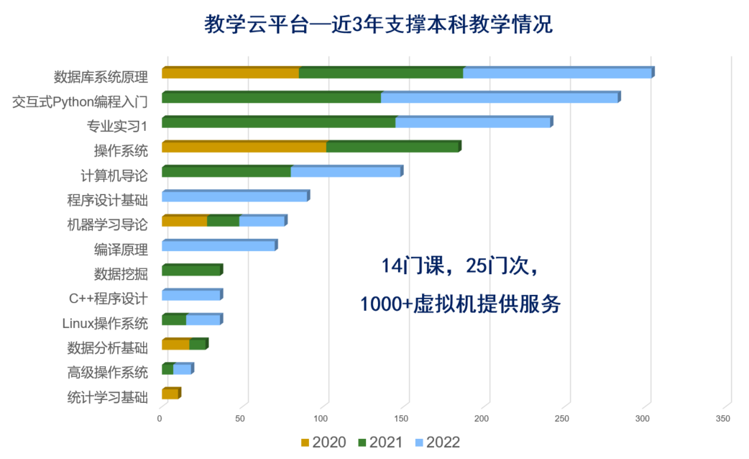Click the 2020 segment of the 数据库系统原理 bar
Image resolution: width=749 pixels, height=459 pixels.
(x=230, y=73)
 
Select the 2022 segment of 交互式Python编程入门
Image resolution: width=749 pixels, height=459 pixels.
(x=500, y=98)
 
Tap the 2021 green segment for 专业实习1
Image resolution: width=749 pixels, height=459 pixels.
(x=278, y=122)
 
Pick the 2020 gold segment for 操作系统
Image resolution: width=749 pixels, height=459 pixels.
(x=244, y=147)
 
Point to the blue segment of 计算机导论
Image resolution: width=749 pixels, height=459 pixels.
(x=345, y=171)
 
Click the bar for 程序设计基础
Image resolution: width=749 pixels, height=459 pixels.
(x=234, y=196)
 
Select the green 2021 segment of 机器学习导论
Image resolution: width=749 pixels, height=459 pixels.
(x=223, y=221)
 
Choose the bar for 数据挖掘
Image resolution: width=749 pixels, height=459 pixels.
(x=191, y=270)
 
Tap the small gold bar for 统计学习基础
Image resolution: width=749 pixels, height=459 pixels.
(x=170, y=394)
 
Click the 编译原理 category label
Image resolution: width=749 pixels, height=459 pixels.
(x=121, y=250)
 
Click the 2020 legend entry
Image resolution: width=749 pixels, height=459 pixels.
(x=323, y=442)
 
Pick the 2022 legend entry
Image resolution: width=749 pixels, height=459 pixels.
(x=437, y=442)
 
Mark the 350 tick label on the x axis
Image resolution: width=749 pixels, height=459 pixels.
(x=723, y=419)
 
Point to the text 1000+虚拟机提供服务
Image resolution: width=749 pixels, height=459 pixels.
(x=460, y=304)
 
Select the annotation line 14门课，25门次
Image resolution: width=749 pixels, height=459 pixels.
(x=460, y=266)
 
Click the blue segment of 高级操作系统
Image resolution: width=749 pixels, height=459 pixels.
(x=183, y=369)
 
